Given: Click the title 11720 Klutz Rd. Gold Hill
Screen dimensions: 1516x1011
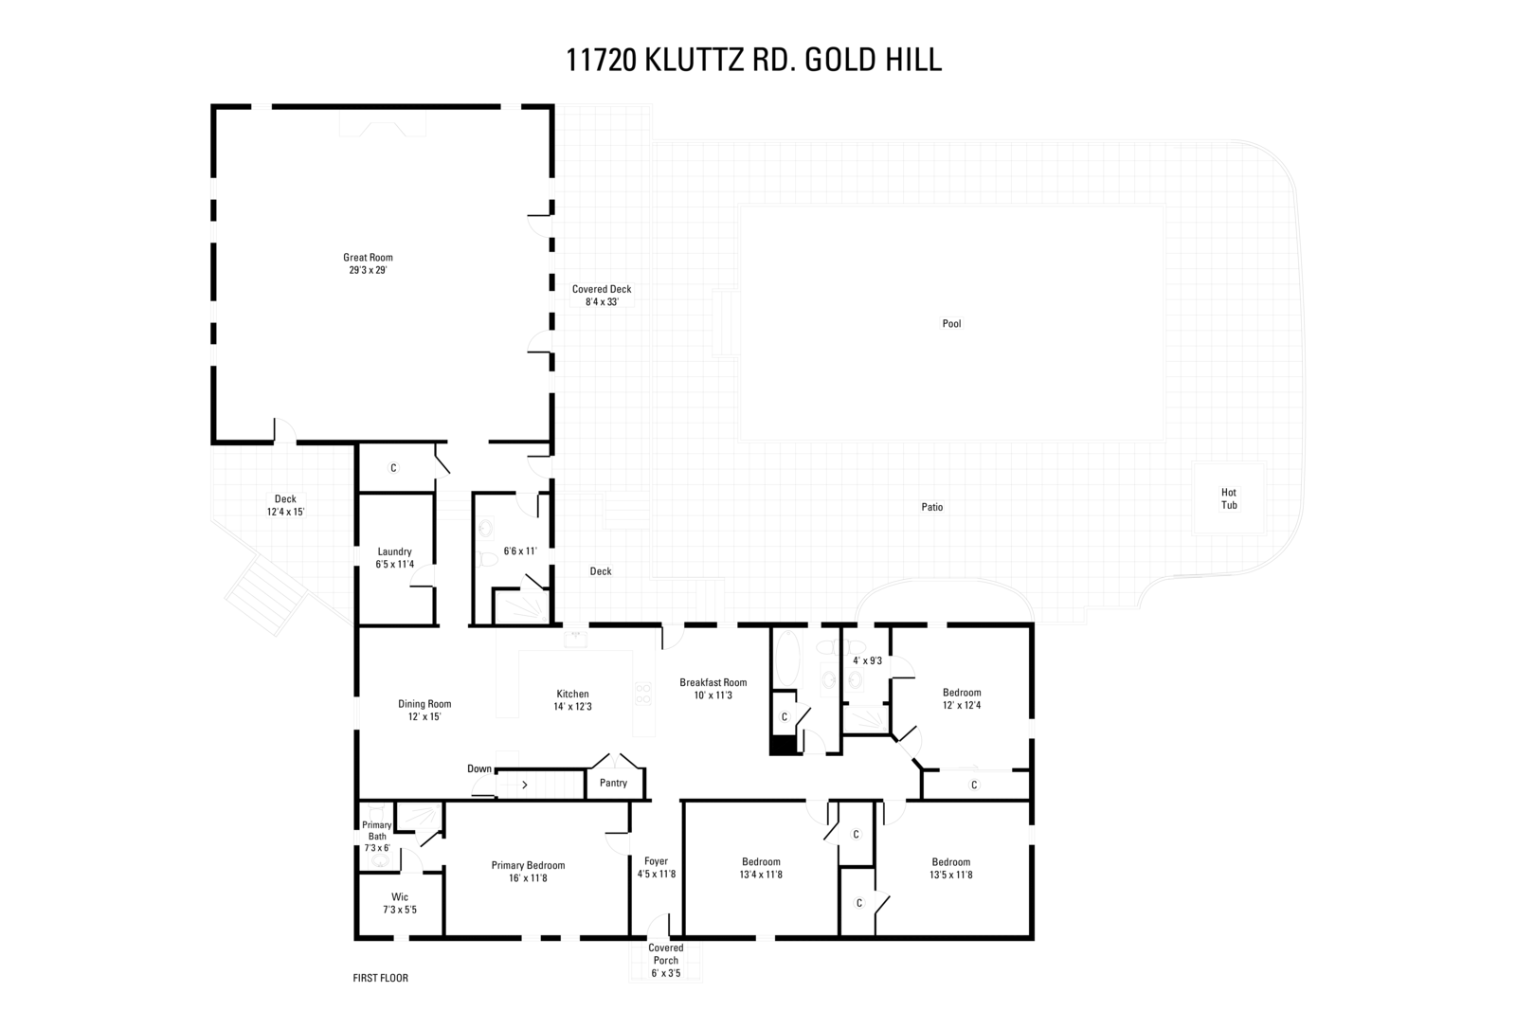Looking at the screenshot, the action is click(753, 60).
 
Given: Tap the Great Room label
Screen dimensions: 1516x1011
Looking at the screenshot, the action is click(368, 258).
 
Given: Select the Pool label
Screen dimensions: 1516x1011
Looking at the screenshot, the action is click(951, 324).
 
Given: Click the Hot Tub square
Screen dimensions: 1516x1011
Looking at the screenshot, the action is click(1228, 498).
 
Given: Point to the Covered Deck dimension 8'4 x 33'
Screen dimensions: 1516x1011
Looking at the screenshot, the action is click(601, 302).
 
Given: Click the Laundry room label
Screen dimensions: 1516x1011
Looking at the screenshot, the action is click(394, 551).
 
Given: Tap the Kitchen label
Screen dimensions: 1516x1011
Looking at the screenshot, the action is click(572, 695).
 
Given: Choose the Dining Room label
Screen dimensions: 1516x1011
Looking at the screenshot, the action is click(424, 704).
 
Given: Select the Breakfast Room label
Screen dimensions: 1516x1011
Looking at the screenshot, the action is click(713, 682).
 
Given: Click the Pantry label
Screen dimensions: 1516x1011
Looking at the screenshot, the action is click(613, 784).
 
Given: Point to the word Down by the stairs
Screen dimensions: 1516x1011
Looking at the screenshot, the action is click(479, 768).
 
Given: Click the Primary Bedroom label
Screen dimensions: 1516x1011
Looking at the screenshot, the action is click(528, 865).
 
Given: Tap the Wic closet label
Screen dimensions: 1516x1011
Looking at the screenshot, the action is click(400, 897).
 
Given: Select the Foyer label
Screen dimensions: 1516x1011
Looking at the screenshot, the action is click(656, 861).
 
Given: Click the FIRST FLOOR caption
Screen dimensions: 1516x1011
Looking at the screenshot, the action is click(380, 978).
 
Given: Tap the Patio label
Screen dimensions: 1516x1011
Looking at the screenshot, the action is click(931, 507).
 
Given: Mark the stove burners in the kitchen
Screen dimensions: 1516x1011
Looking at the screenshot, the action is click(643, 694).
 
